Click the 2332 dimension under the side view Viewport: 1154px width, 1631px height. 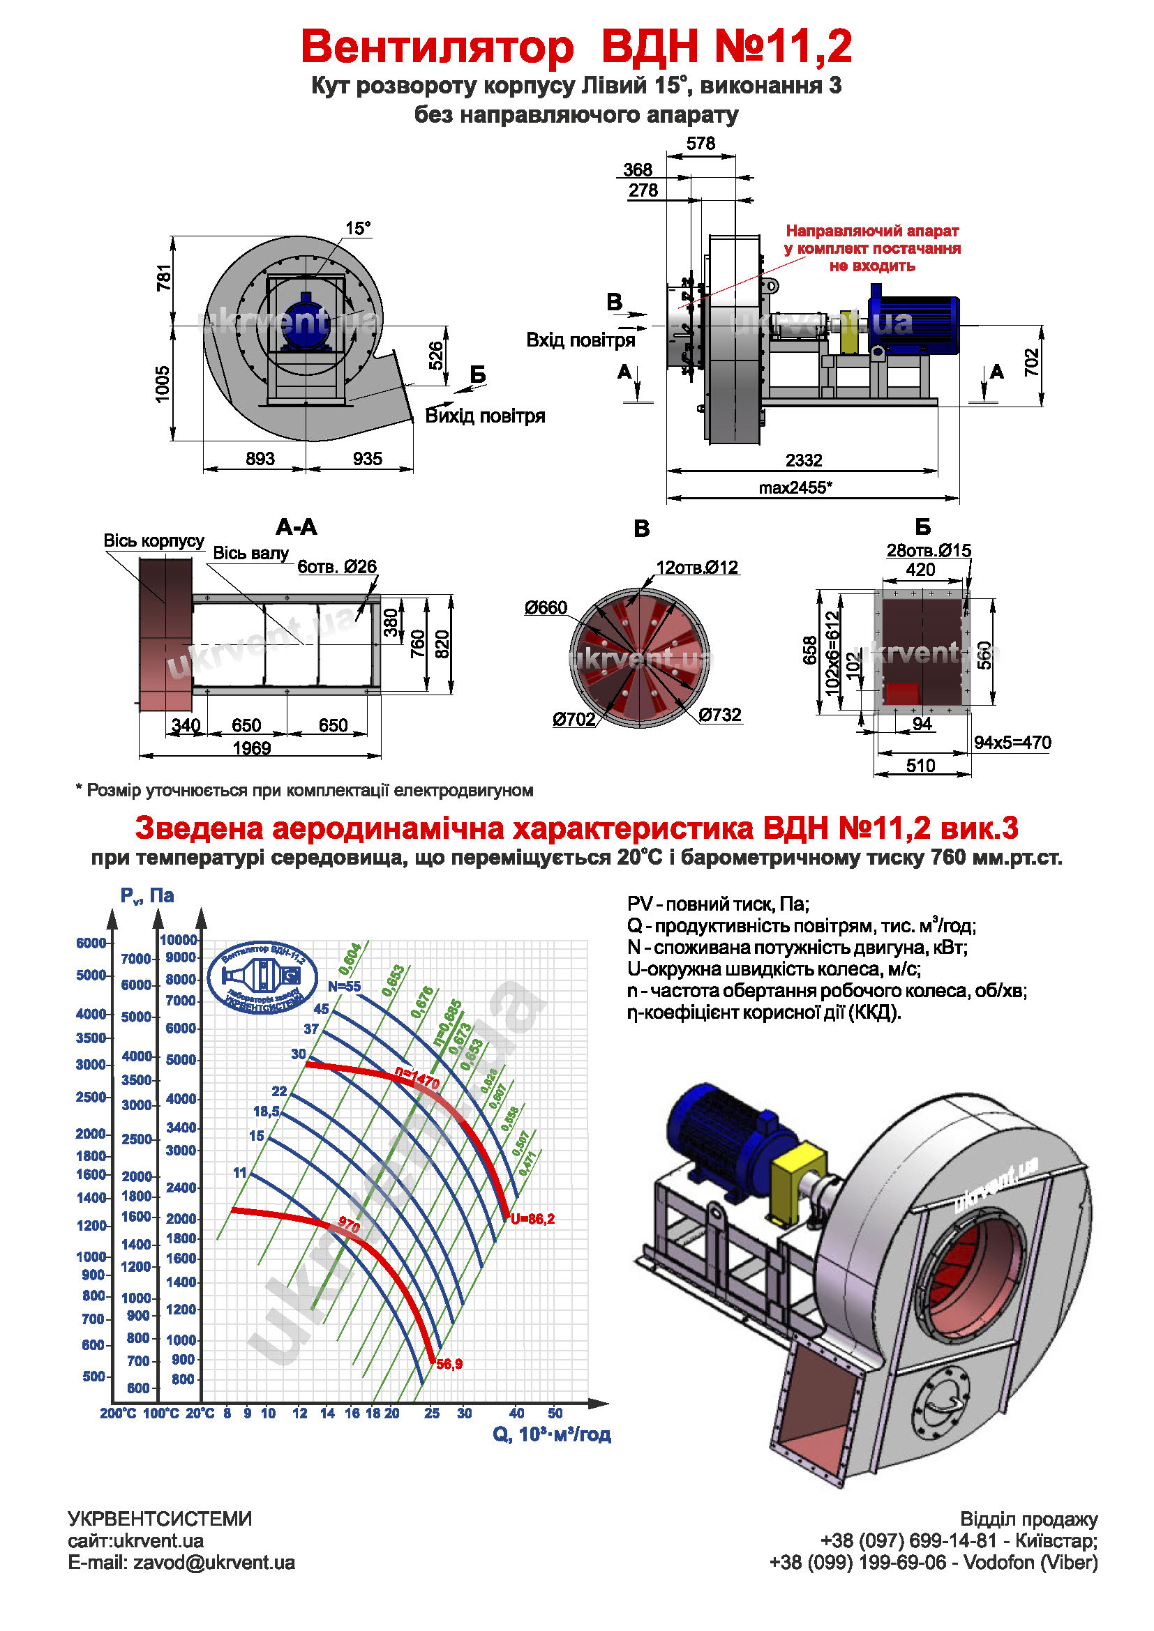[804, 460]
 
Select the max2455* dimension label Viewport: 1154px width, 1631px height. [795, 488]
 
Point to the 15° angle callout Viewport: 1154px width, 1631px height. [358, 228]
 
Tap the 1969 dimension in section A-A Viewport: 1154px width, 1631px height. [252, 748]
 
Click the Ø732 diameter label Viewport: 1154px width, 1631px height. [720, 715]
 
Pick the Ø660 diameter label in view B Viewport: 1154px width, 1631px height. [546, 607]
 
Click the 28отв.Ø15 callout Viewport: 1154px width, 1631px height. [929, 551]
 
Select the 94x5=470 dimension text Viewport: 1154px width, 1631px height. [1012, 743]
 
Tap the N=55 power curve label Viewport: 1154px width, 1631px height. [344, 986]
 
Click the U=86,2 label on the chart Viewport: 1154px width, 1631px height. [532, 1219]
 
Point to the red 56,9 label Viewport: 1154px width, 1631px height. [449, 1364]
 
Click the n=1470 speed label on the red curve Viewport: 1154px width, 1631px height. [418, 1079]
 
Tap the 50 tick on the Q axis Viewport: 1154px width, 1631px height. [555, 1413]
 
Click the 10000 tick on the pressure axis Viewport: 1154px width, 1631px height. [179, 940]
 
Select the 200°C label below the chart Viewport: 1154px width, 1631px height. [118, 1413]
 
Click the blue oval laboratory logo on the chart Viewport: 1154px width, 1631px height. [262, 978]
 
